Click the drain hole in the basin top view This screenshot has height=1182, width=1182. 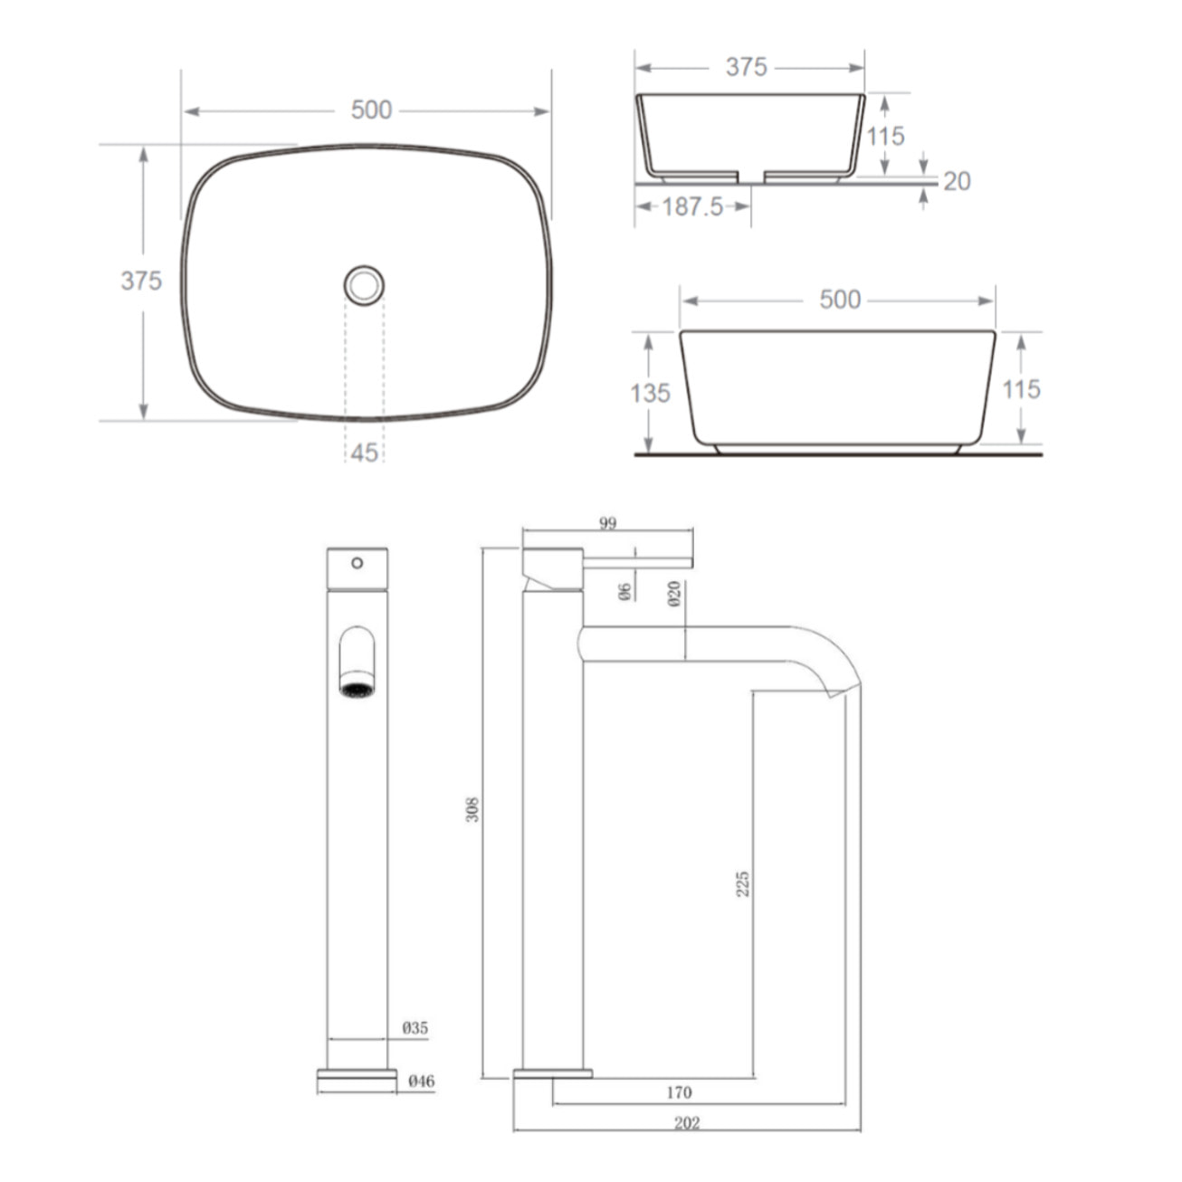click(x=364, y=285)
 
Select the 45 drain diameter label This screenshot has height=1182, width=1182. click(x=364, y=452)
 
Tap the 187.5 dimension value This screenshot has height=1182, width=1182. click(x=692, y=207)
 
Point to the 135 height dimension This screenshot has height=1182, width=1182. click(x=650, y=393)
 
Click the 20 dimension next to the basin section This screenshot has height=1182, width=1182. click(x=957, y=182)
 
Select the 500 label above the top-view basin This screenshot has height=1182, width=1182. click(x=371, y=110)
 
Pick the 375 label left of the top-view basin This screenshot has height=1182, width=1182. click(x=141, y=281)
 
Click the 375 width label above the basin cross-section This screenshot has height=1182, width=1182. click(x=747, y=68)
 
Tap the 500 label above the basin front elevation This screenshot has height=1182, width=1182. click(x=840, y=300)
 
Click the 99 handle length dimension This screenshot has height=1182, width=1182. click(x=607, y=523)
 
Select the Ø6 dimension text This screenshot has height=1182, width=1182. click(x=624, y=592)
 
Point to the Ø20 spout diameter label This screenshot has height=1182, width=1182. click(x=674, y=594)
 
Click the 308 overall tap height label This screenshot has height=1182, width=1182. click(x=472, y=808)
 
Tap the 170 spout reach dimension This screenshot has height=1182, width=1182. click(x=679, y=1092)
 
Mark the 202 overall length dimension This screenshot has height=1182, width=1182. click(x=687, y=1123)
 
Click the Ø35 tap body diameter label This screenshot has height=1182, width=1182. click(x=415, y=1028)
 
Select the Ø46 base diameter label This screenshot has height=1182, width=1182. click(x=421, y=1081)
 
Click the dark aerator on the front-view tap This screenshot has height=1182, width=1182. click(x=357, y=690)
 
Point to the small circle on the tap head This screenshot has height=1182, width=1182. click(x=357, y=563)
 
